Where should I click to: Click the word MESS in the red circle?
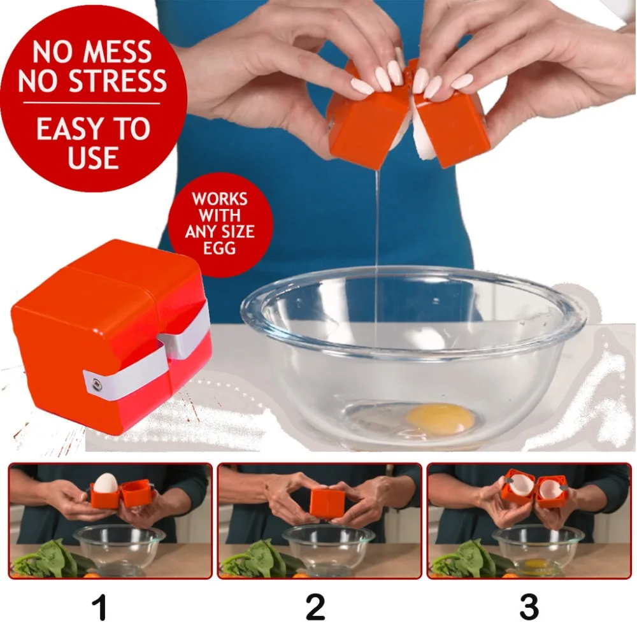click(117, 52)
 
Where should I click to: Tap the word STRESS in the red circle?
click(118, 80)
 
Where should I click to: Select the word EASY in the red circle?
click(68, 129)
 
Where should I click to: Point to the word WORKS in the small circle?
click(220, 199)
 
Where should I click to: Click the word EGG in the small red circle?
click(219, 248)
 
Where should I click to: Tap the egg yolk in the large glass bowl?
click(440, 419)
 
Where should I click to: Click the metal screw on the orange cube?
click(97, 383)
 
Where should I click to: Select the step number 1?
click(99, 606)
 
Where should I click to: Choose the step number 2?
click(315, 606)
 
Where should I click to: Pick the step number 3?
click(529, 606)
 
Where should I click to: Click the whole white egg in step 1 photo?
click(106, 483)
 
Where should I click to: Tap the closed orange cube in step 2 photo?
click(327, 503)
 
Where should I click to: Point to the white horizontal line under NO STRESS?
click(92, 103)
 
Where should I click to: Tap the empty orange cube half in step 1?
click(136, 492)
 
